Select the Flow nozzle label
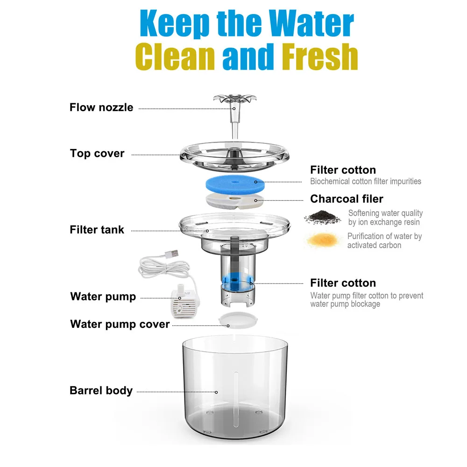point(101,107)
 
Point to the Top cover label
point(97,153)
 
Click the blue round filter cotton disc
point(235,184)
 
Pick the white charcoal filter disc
point(235,200)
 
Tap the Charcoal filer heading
point(347,198)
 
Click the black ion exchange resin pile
point(322,217)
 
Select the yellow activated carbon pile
point(323,240)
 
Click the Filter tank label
point(97,230)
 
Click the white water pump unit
point(184,302)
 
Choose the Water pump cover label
point(120,324)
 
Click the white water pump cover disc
point(238,320)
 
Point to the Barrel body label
point(101,390)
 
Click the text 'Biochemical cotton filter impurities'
point(366,181)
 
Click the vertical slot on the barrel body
point(236,399)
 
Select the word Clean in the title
point(175,57)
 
